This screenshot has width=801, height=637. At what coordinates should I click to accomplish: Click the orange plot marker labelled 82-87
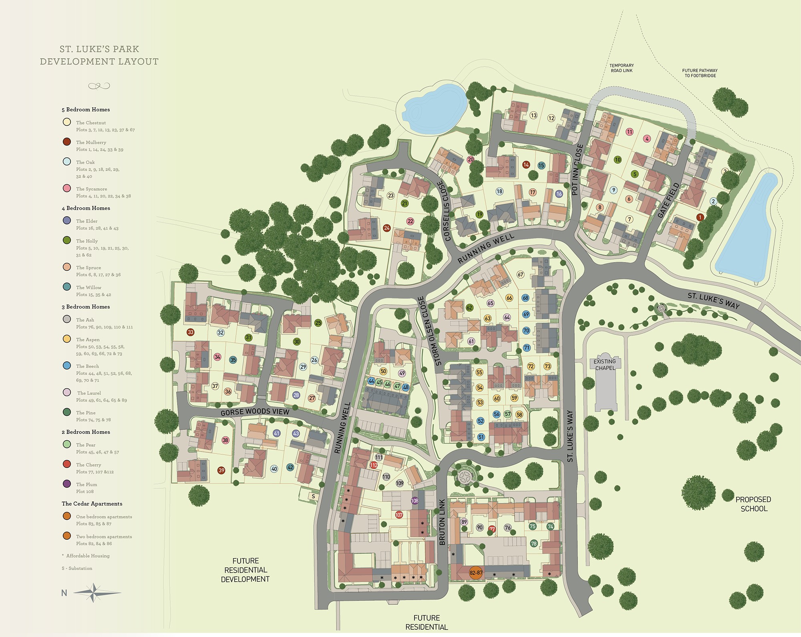(x=476, y=573)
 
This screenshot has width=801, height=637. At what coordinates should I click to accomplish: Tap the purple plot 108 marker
(x=415, y=501)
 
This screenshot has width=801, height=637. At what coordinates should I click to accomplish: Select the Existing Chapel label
(x=605, y=365)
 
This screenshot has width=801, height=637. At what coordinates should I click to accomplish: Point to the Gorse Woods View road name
(x=255, y=412)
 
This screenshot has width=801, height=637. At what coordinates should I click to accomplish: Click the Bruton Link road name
(x=442, y=522)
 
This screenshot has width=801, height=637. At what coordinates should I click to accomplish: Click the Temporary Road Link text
(x=622, y=68)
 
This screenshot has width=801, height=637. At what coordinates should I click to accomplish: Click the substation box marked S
(x=313, y=496)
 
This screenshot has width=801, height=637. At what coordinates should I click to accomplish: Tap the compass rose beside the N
(x=93, y=593)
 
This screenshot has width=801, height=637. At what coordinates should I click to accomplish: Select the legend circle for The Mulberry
(x=67, y=142)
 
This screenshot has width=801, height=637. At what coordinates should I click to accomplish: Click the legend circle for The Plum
(x=67, y=484)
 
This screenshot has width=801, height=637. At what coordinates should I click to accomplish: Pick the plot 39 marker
(x=221, y=471)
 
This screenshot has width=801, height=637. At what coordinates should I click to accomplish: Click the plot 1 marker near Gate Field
(x=700, y=217)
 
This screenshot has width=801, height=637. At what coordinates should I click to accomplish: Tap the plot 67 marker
(x=520, y=275)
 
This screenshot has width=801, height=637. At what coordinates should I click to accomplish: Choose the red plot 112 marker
(x=374, y=465)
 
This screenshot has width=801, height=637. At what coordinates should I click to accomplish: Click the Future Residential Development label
(x=245, y=570)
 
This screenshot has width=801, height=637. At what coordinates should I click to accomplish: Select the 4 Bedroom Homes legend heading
(x=86, y=208)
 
